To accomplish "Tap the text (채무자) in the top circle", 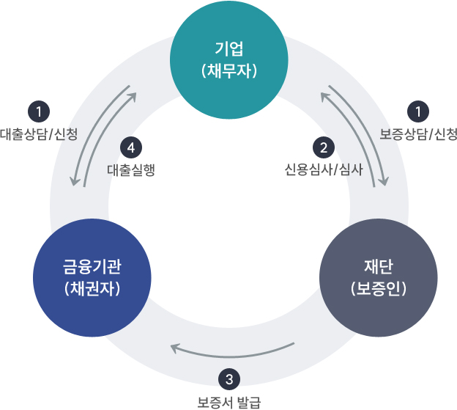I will click(x=228, y=73).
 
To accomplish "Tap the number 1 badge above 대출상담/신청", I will click(x=37, y=112).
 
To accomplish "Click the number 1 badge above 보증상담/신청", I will click(x=418, y=112).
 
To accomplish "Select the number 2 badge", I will click(x=323, y=147).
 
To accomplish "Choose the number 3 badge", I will click(x=229, y=379).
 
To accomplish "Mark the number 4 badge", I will click(x=130, y=147).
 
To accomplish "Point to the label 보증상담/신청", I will click(x=418, y=134).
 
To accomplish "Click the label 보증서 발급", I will click(x=228, y=401).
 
